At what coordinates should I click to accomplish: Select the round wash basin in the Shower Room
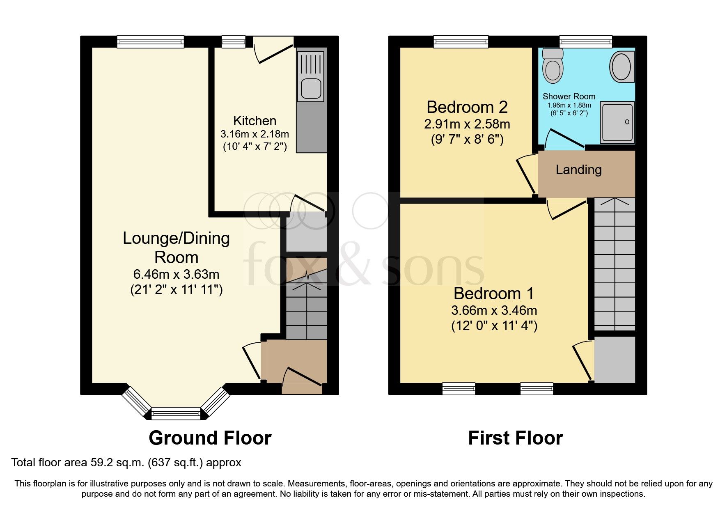622,66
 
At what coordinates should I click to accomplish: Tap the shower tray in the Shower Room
617,122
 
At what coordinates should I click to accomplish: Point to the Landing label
578,170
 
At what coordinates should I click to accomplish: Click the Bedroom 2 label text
467,107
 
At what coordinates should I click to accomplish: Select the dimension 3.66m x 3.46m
494,310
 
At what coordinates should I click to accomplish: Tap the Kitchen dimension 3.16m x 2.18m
255,134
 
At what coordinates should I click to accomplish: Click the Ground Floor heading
210,438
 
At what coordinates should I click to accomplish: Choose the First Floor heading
515,438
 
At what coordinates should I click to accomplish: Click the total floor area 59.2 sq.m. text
126,463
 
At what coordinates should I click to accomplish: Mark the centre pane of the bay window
176,413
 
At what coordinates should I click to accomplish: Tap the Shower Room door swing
564,138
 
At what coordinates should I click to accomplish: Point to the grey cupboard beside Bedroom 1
615,360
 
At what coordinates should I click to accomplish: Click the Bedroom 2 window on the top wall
461,41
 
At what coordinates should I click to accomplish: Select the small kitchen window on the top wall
233,41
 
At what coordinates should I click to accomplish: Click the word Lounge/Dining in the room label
176,238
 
